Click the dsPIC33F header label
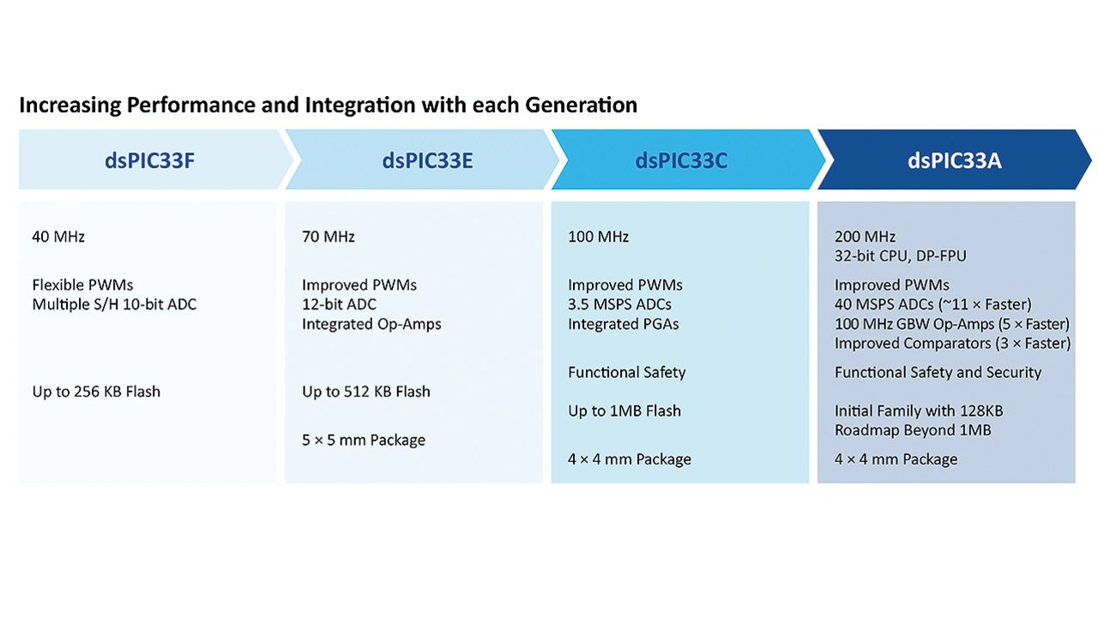click(x=149, y=160)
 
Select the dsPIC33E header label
click(x=427, y=160)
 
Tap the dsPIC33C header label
click(x=681, y=160)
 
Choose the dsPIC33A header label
click(x=955, y=160)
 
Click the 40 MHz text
click(x=58, y=237)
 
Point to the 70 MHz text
click(x=329, y=237)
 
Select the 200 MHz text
click(x=866, y=237)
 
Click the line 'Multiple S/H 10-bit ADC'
click(x=114, y=304)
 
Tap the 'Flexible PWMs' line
click(x=83, y=285)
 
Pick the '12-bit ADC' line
click(x=339, y=304)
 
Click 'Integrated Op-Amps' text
click(x=371, y=324)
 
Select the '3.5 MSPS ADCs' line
click(x=619, y=304)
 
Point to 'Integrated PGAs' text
click(x=624, y=324)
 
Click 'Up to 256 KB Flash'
click(x=96, y=392)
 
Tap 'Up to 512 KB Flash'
click(x=366, y=392)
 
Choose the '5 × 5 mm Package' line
click(x=364, y=441)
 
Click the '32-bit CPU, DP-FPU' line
click(x=901, y=256)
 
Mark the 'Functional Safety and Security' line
click(x=938, y=373)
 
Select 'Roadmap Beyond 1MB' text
click(x=913, y=430)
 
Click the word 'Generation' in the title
click(x=582, y=105)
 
